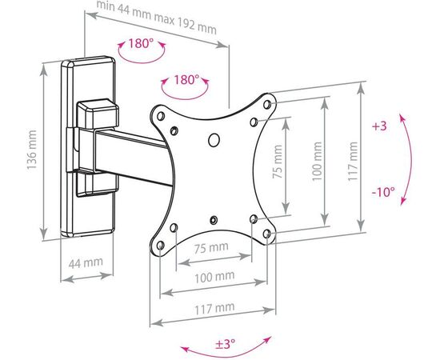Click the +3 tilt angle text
point(379,127)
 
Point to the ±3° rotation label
point(224,344)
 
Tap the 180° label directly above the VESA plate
point(185,80)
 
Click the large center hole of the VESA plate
point(214,141)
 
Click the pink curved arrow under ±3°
point(224,352)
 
